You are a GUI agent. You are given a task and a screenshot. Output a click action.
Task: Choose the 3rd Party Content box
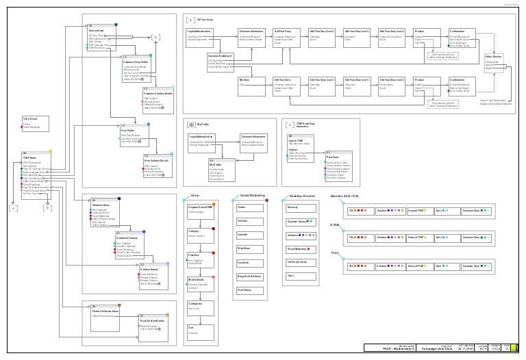301,262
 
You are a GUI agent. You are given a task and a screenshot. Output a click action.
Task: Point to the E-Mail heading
336,224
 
